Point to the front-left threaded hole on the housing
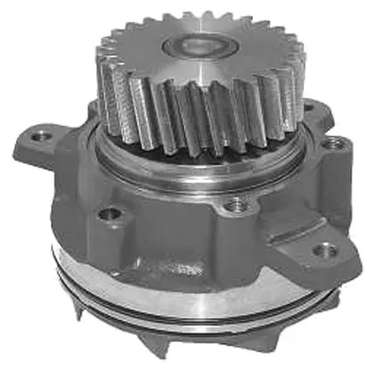[x=110, y=214]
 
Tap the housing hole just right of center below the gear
[x=235, y=207]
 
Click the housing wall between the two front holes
[x=174, y=223]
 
